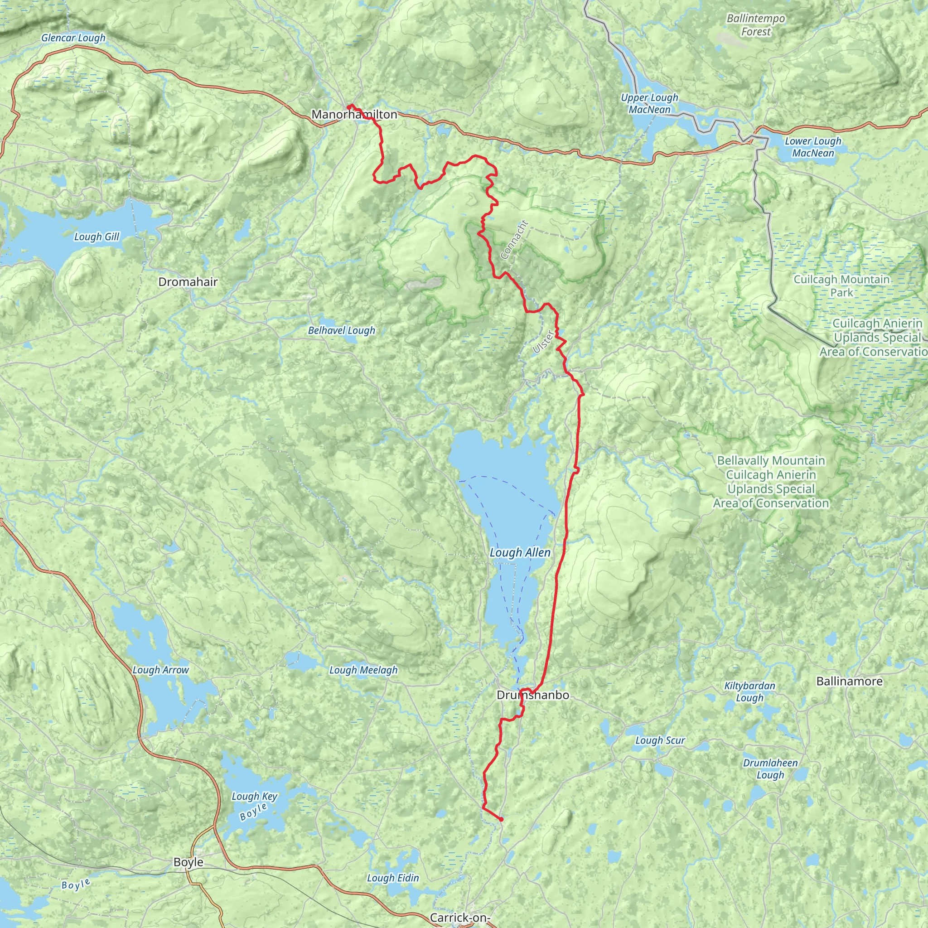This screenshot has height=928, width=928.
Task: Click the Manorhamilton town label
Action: pos(354,114)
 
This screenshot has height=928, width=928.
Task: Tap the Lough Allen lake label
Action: pos(520,553)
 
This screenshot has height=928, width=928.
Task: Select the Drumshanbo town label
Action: pos(532,695)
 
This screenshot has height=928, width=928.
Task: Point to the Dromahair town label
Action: pos(188,282)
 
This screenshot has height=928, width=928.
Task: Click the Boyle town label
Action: pos(188,862)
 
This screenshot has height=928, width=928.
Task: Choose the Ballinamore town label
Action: pos(849,681)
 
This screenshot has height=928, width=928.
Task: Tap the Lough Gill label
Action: pos(97,237)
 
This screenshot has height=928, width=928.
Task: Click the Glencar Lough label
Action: pos(73,38)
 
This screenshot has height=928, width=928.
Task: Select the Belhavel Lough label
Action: pos(341,330)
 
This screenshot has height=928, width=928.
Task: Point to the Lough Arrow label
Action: pos(160,670)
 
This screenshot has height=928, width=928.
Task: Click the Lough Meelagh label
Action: pos(363,670)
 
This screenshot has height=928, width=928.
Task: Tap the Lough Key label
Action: pos(254,797)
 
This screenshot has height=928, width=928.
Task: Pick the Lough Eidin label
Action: pos(392,878)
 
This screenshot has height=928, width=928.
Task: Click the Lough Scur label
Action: pos(660,740)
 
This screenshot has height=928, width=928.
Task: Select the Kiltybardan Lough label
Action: pos(749,691)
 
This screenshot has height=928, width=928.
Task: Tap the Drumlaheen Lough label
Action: pos(770,768)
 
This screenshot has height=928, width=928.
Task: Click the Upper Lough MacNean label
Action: pos(649,103)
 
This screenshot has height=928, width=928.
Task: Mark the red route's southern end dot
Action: pos(501,819)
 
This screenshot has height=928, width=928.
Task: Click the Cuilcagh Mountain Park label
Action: pos(841,286)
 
